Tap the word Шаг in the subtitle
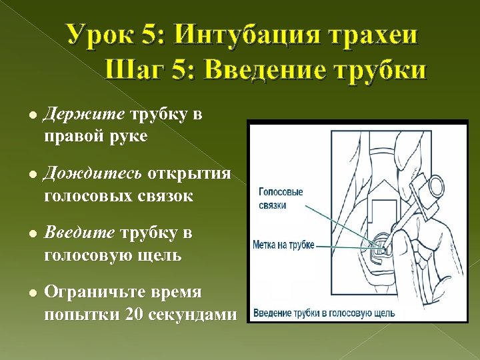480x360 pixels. tap(131, 69)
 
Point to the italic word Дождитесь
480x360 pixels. tap(92, 173)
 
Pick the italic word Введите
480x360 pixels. tap(78, 233)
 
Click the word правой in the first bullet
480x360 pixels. tap(75, 137)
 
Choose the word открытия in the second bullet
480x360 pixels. tap(189, 173)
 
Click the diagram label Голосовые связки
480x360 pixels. tap(280, 199)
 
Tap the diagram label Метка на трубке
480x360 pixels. tap(283, 245)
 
